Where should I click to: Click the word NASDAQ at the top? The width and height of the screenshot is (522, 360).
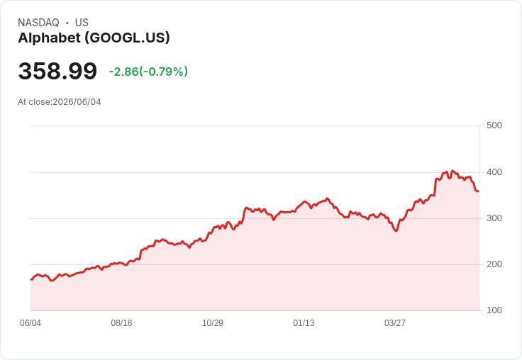(x=38, y=23)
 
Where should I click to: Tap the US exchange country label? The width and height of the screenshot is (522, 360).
(x=82, y=23)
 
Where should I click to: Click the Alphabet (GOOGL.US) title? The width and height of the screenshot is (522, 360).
(x=94, y=38)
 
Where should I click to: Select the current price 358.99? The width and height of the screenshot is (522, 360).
(x=57, y=71)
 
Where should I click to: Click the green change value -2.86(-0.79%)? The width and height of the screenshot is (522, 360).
(x=148, y=72)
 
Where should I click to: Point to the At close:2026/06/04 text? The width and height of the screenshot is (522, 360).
(x=60, y=102)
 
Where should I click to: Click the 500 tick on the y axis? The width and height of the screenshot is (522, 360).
(x=494, y=125)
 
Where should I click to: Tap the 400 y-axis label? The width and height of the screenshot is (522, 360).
(x=494, y=172)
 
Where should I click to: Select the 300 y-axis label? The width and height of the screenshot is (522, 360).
(x=494, y=218)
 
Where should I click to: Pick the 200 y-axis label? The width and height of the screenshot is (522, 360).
(x=494, y=264)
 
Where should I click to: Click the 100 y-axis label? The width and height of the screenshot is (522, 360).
(x=494, y=310)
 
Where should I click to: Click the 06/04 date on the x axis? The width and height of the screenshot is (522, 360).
(x=30, y=323)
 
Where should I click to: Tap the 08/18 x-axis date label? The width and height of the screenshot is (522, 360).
(x=121, y=323)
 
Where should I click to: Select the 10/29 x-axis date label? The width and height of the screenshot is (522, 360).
(x=213, y=323)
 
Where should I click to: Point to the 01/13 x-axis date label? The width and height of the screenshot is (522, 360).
(x=304, y=323)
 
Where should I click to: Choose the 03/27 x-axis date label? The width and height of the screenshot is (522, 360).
(x=395, y=323)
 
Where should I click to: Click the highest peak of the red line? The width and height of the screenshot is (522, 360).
(x=452, y=171)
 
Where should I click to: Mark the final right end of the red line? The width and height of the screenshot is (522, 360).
(x=479, y=191)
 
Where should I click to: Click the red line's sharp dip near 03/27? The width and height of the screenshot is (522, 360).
(x=396, y=230)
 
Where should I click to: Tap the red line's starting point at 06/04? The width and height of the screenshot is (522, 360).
(x=31, y=279)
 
